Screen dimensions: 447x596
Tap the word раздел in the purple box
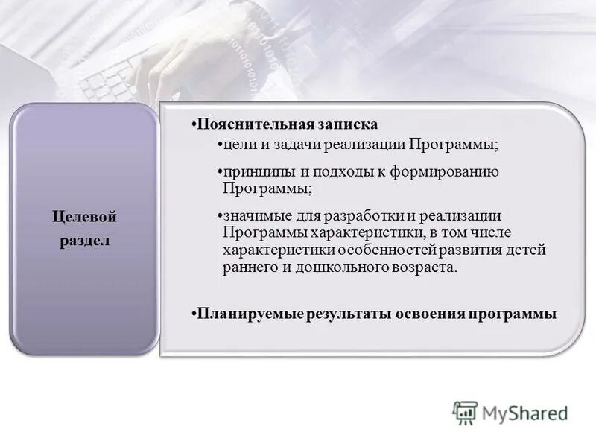click(85, 243)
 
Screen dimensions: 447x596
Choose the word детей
click(527, 250)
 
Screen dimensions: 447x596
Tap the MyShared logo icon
click(465, 413)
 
